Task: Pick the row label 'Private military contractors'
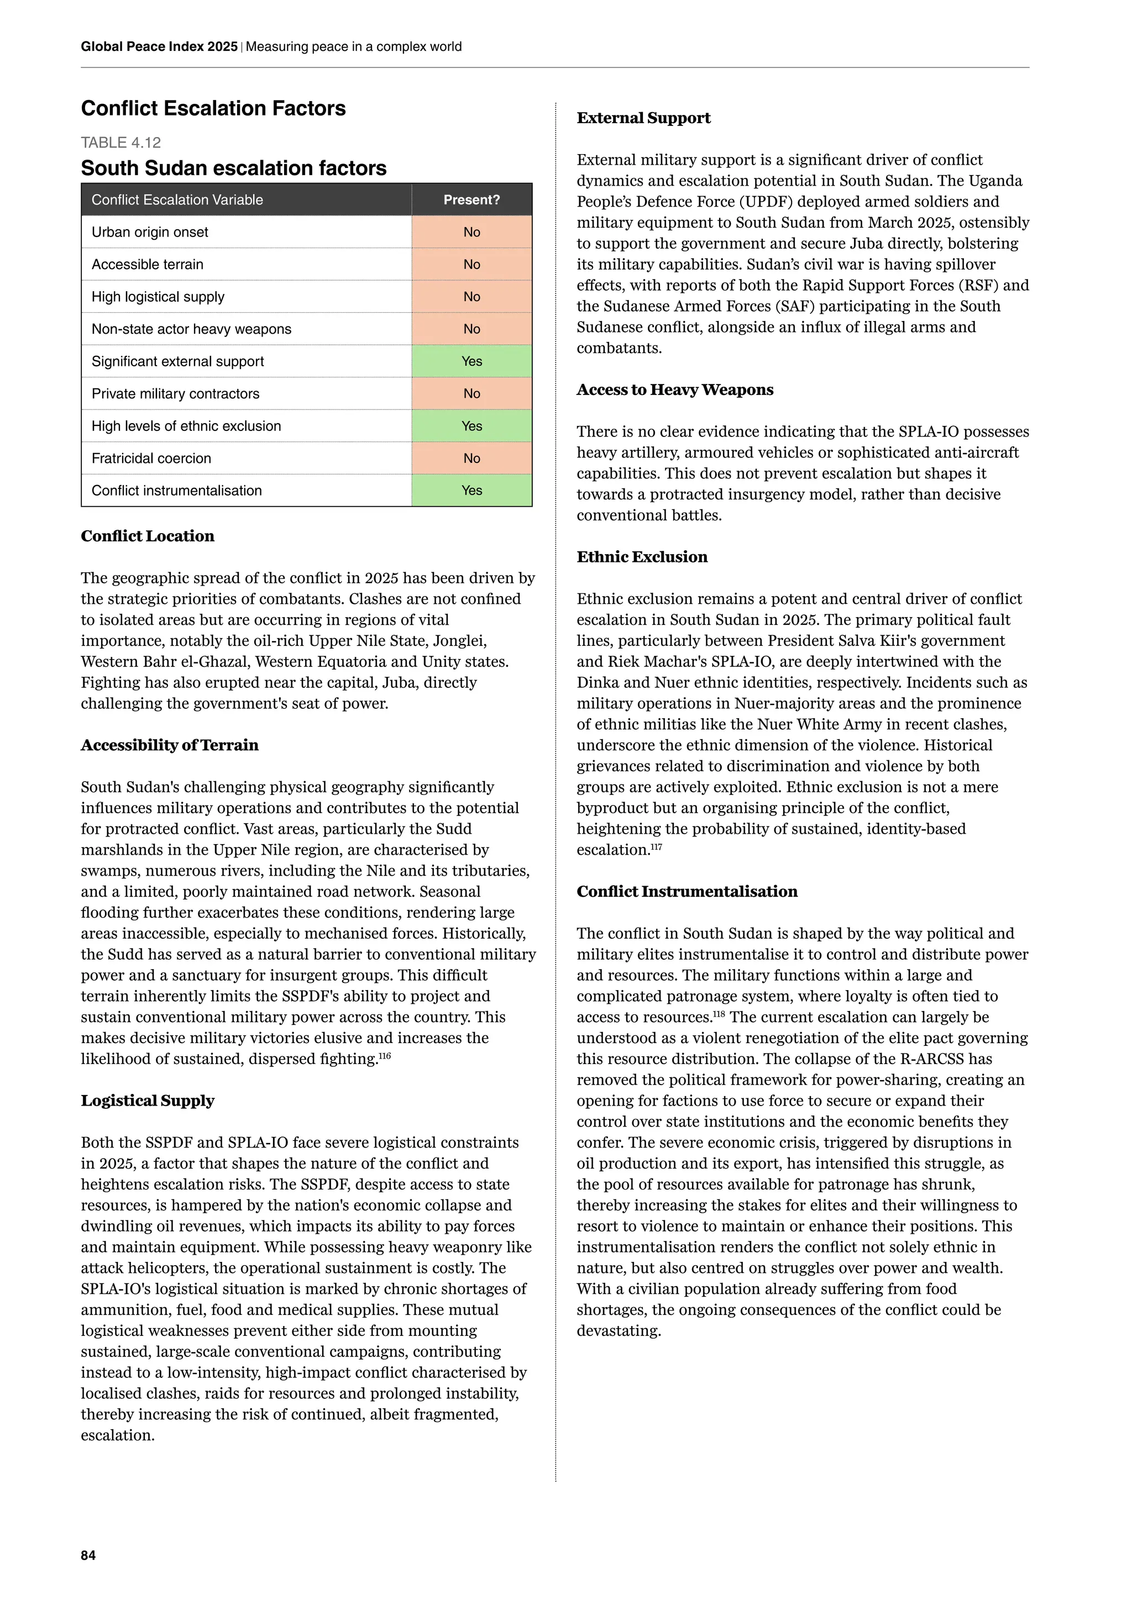(175, 394)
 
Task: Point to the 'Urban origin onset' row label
(150, 232)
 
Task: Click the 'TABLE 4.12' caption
(120, 143)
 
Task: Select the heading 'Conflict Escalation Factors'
(213, 109)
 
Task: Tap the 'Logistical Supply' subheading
(148, 1101)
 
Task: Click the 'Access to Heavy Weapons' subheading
(675, 390)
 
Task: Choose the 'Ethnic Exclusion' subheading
(642, 557)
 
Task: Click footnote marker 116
(385, 1056)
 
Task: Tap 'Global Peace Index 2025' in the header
(159, 47)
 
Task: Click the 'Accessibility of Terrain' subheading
(169, 745)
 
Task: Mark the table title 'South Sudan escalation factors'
(233, 168)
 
